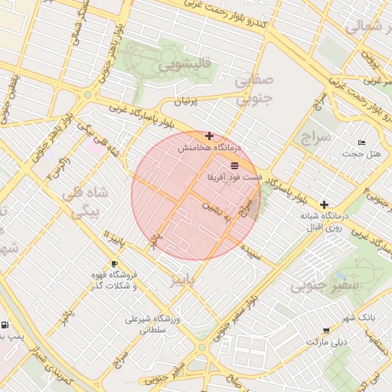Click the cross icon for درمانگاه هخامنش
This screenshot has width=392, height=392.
click(209, 136)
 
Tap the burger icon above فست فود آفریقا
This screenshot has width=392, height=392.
click(234, 165)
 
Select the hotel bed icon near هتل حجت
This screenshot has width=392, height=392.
click(362, 143)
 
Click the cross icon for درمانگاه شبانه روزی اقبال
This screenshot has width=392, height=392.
click(325, 204)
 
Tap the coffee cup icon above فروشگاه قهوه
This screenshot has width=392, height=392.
click(114, 264)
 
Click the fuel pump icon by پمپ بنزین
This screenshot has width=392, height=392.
click(5, 325)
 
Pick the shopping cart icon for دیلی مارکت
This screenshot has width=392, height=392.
click(326, 332)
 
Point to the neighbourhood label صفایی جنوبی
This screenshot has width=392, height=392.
click(252, 88)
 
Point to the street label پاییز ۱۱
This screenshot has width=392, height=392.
click(110, 237)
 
